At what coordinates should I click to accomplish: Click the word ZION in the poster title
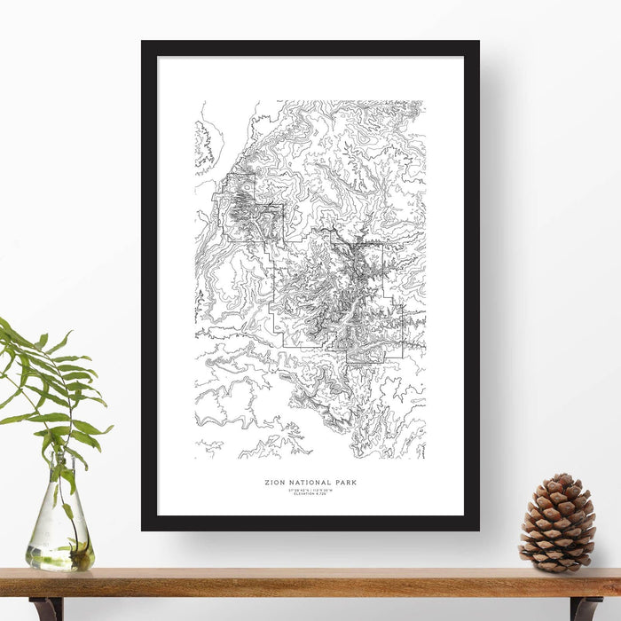click(273, 483)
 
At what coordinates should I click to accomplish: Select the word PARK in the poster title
click(345, 483)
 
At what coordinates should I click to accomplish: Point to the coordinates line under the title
click(310, 490)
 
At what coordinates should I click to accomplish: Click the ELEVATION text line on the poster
click(310, 494)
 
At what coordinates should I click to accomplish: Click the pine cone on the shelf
click(557, 523)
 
